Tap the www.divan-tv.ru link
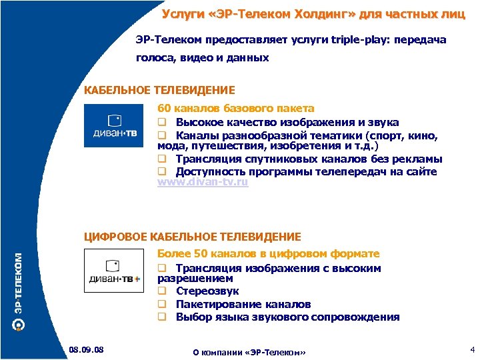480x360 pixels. click(203, 182)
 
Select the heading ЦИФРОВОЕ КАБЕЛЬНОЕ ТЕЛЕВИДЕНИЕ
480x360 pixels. click(193, 237)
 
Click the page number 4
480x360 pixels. click(471, 349)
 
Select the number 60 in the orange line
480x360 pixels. click(164, 108)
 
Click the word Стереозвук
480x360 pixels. click(207, 291)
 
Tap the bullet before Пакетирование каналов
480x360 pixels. click(161, 304)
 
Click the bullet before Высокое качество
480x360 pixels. click(161, 122)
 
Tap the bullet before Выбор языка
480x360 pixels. click(161, 317)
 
